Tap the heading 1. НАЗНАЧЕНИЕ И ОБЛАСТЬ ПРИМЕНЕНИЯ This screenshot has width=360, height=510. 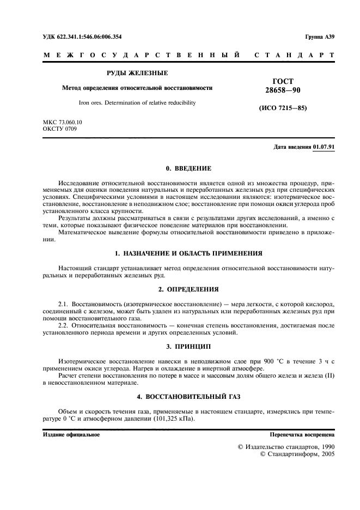(180, 253)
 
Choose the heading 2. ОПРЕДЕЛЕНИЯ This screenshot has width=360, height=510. (180, 289)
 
